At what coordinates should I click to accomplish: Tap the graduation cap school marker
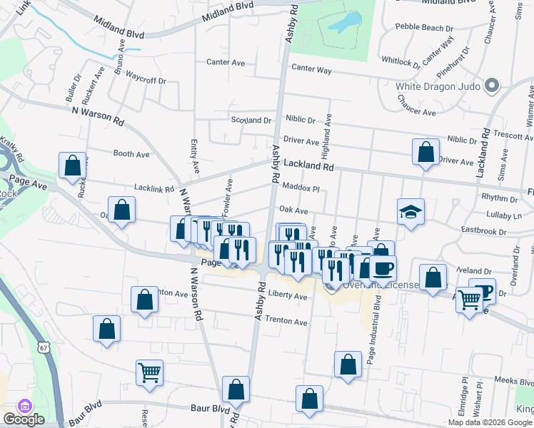click(411, 212)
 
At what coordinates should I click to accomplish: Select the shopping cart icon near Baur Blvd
click(150, 372)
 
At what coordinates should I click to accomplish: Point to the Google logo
click(24, 419)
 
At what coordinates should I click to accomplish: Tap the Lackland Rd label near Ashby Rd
click(308, 165)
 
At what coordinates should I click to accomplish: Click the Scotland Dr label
click(251, 121)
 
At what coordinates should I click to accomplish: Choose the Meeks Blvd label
click(513, 382)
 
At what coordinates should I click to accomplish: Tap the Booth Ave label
click(131, 153)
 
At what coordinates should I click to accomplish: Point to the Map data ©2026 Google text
click(490, 422)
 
